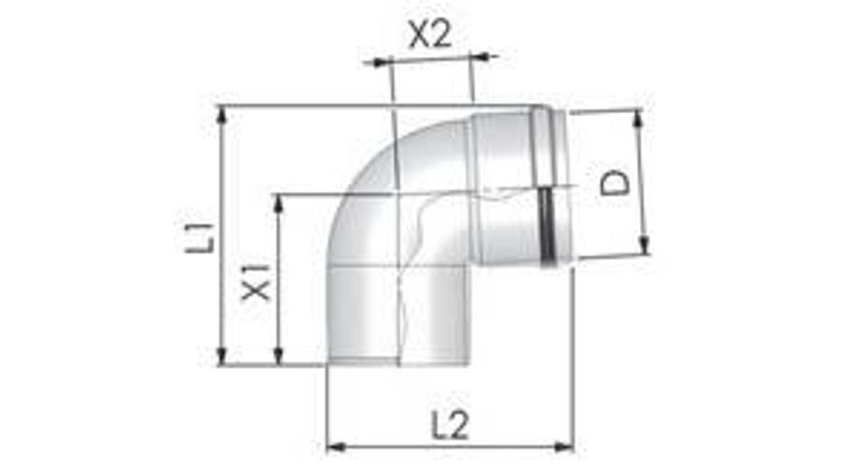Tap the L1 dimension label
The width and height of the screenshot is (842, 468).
[198, 235]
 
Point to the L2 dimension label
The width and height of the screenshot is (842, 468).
[450, 424]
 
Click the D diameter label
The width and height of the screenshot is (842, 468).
[615, 181]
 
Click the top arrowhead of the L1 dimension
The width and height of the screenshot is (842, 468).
[222, 114]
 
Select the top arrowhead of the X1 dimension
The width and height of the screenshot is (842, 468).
[278, 202]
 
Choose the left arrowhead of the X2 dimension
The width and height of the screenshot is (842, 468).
[380, 64]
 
